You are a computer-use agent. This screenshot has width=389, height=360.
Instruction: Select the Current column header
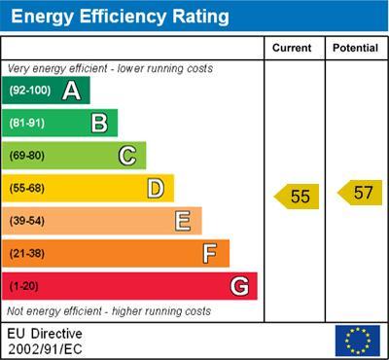click(x=292, y=48)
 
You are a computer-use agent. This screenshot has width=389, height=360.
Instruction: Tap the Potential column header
click(x=355, y=48)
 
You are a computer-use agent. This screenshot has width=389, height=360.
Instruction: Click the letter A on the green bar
click(x=71, y=90)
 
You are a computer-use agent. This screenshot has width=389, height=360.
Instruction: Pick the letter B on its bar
click(x=99, y=123)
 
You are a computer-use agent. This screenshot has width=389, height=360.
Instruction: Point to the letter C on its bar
click(x=127, y=155)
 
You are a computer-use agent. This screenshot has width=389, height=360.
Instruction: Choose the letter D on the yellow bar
click(x=156, y=188)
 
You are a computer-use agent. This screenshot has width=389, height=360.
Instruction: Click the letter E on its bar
click(x=183, y=221)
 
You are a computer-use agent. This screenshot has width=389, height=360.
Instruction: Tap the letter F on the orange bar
click(x=210, y=254)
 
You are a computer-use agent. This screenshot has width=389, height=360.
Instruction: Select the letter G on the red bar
click(x=239, y=287)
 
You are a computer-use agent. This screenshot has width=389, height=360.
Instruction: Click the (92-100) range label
click(x=29, y=90)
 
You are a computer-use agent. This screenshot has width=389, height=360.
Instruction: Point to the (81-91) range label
click(x=27, y=124)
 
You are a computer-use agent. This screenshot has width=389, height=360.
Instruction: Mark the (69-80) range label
click(x=27, y=156)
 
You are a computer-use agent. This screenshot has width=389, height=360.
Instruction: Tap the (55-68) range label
click(x=27, y=189)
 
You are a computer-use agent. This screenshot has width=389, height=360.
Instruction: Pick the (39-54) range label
click(x=27, y=222)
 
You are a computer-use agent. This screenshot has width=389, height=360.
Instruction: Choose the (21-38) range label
click(x=27, y=254)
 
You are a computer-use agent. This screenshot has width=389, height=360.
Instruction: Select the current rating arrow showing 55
click(x=297, y=197)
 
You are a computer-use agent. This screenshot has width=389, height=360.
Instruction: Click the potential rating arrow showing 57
click(x=360, y=192)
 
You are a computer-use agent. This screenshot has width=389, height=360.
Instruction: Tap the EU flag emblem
click(x=357, y=341)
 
